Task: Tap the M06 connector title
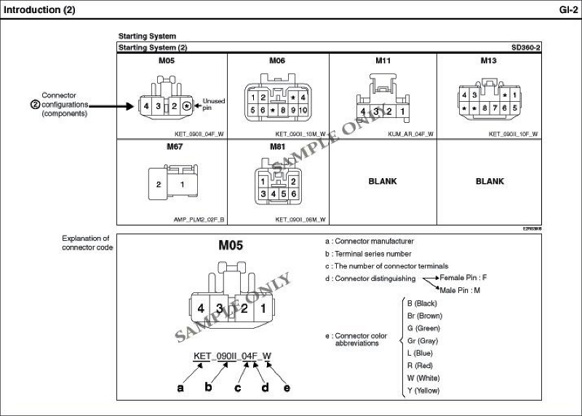(277, 60)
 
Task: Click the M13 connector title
(488, 60)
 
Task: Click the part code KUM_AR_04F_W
(410, 134)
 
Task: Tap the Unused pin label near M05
(213, 104)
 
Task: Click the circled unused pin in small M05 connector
(187, 106)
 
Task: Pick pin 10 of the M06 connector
(303, 111)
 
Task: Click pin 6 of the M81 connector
(292, 195)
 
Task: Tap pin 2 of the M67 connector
(159, 185)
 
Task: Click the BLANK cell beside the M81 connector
(383, 181)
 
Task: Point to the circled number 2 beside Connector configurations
(34, 104)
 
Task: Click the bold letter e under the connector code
(287, 388)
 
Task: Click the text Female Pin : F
(463, 278)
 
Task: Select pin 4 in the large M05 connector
(200, 308)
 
